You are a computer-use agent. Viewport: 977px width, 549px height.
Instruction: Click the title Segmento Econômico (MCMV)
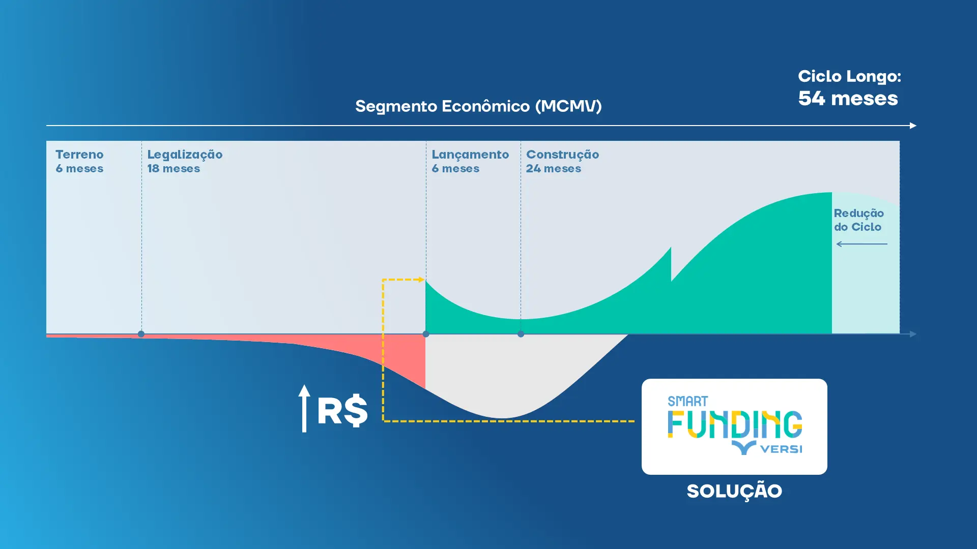click(x=478, y=106)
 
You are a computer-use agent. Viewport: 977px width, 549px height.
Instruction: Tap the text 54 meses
click(x=848, y=99)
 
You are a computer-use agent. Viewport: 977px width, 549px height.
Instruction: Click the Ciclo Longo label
click(x=849, y=76)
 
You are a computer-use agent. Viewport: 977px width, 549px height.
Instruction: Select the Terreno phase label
click(x=79, y=155)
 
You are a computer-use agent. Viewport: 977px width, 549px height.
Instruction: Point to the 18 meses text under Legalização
click(x=174, y=169)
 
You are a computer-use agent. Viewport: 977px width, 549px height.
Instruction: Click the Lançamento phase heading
click(x=470, y=155)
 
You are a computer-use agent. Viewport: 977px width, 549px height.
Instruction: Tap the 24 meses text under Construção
click(x=553, y=169)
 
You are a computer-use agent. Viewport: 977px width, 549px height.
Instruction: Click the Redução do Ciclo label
click(x=858, y=220)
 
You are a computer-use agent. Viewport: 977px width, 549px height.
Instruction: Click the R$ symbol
click(x=342, y=411)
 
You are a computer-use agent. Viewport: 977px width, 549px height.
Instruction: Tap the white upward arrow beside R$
click(x=304, y=408)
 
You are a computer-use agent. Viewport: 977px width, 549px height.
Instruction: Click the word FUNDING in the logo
click(x=734, y=425)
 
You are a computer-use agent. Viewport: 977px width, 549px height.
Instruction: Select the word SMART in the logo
click(x=687, y=402)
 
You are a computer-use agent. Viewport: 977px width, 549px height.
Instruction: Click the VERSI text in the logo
click(x=781, y=449)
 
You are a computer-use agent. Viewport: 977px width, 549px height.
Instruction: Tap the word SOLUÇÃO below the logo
click(x=734, y=492)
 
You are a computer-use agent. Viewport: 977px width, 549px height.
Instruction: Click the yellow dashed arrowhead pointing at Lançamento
click(x=421, y=280)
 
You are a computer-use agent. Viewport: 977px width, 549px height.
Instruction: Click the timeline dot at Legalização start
click(x=141, y=334)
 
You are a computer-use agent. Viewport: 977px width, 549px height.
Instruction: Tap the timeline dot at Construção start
click(x=521, y=334)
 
